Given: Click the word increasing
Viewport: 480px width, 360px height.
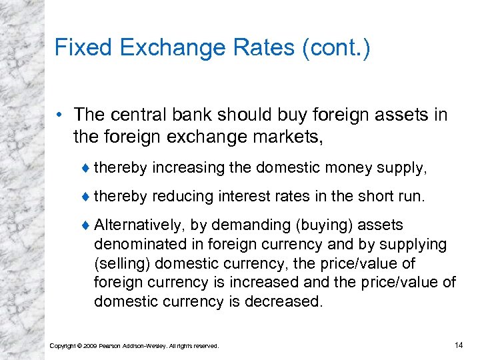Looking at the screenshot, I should click(x=189, y=167).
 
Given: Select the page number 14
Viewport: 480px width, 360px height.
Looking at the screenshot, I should click(x=458, y=345).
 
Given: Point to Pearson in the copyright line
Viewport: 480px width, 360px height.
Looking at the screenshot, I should click(x=112, y=346).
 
